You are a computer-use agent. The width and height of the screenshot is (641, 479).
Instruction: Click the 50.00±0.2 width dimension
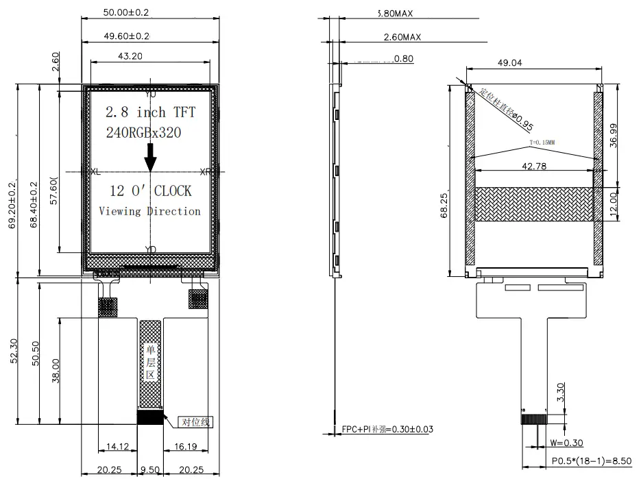pos(126,13)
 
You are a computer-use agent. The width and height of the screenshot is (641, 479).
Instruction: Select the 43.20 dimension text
pos(130,57)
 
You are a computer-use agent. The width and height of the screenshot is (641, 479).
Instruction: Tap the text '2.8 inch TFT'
pos(155,112)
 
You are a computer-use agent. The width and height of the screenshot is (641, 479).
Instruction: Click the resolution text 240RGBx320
pos(143,134)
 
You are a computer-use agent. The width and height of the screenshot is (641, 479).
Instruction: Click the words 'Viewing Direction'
pos(150,211)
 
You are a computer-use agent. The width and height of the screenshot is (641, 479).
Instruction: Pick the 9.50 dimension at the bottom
pos(150,469)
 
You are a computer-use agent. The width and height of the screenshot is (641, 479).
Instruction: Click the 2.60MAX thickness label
pos(402,36)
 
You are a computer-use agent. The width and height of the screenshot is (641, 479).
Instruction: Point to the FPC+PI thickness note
pos(387,430)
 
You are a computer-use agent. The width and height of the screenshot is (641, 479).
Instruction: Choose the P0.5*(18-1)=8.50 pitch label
pos(592,463)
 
